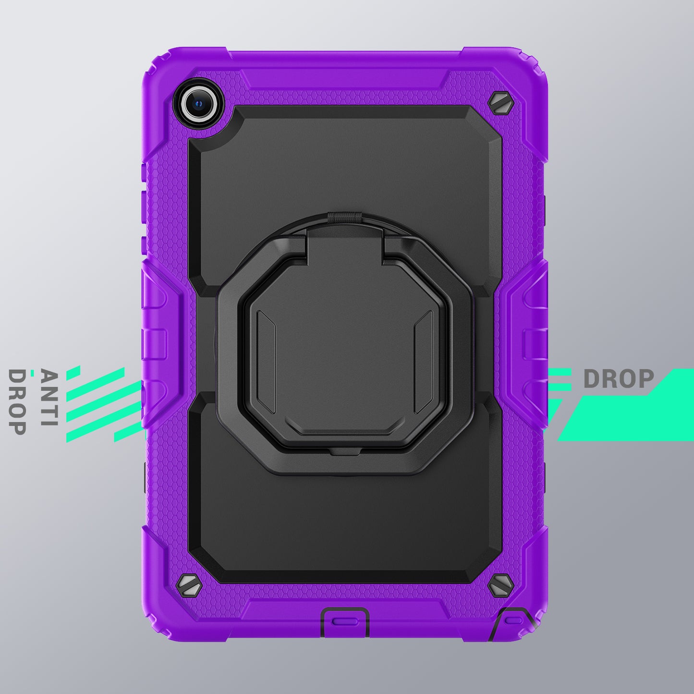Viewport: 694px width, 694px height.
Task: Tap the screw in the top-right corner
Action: (x=501, y=103)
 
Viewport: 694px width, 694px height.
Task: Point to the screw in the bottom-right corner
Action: (x=501, y=584)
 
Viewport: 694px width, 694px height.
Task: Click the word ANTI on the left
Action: (x=49, y=398)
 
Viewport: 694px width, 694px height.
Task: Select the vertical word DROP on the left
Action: (x=17, y=402)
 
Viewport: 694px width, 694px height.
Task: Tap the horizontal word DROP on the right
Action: (x=619, y=379)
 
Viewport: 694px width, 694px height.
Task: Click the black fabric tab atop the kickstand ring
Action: (x=345, y=218)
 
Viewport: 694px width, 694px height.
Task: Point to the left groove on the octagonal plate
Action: (x=266, y=361)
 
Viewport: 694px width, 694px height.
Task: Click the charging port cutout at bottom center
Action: (x=345, y=621)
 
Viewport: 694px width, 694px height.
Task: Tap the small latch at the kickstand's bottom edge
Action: (x=345, y=451)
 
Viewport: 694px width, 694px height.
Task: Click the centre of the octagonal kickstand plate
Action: (x=345, y=355)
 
